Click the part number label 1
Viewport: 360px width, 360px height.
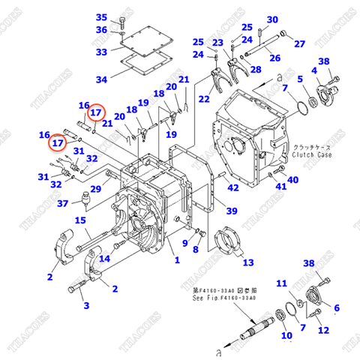point(177,260)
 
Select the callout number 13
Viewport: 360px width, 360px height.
point(247,262)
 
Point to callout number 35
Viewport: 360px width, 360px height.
point(102,17)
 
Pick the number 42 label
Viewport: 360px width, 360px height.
point(233,187)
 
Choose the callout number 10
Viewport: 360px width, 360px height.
point(286,335)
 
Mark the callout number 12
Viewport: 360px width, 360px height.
point(323,330)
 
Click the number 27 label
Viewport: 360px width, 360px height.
point(299,43)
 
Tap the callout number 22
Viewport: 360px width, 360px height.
point(204,99)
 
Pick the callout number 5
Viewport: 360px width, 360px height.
point(300,79)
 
